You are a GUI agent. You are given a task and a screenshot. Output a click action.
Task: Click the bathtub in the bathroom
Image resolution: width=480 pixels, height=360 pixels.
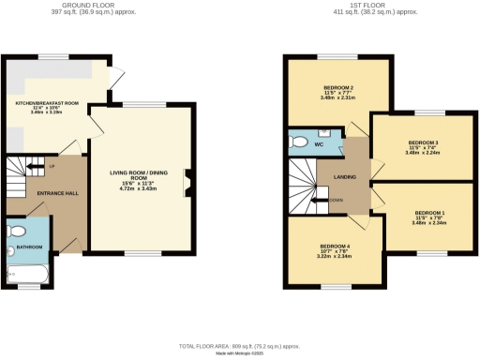28,272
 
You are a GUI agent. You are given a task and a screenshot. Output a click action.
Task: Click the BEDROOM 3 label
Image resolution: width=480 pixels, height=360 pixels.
423,142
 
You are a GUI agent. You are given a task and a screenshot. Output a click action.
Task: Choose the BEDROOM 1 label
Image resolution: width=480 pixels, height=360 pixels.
427,213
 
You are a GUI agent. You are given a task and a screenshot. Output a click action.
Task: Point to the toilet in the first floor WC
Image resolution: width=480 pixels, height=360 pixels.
298,142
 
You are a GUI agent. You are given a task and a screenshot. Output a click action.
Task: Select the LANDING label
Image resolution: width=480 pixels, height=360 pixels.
334,177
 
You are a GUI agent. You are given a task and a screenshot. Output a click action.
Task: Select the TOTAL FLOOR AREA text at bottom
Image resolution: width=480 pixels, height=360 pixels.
238,343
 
